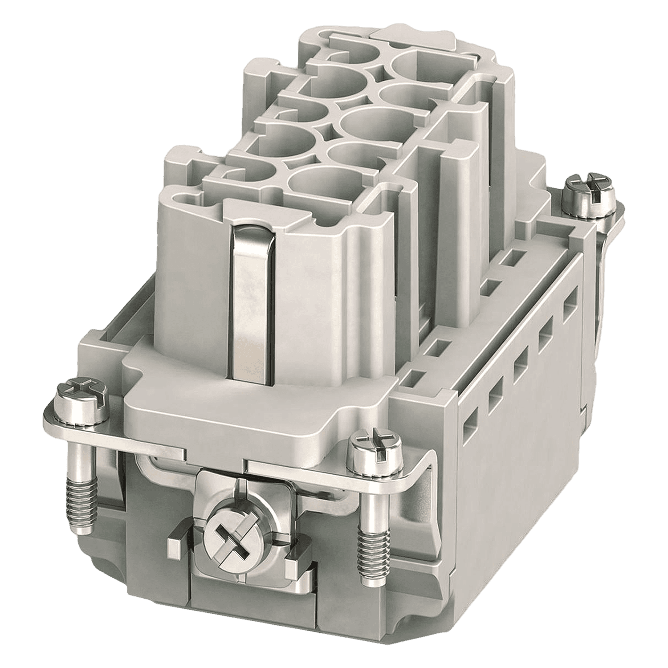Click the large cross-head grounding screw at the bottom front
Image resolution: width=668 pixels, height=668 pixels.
pyautogui.click(x=232, y=532)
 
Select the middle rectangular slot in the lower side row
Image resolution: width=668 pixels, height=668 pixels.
pyautogui.click(x=520, y=365)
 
